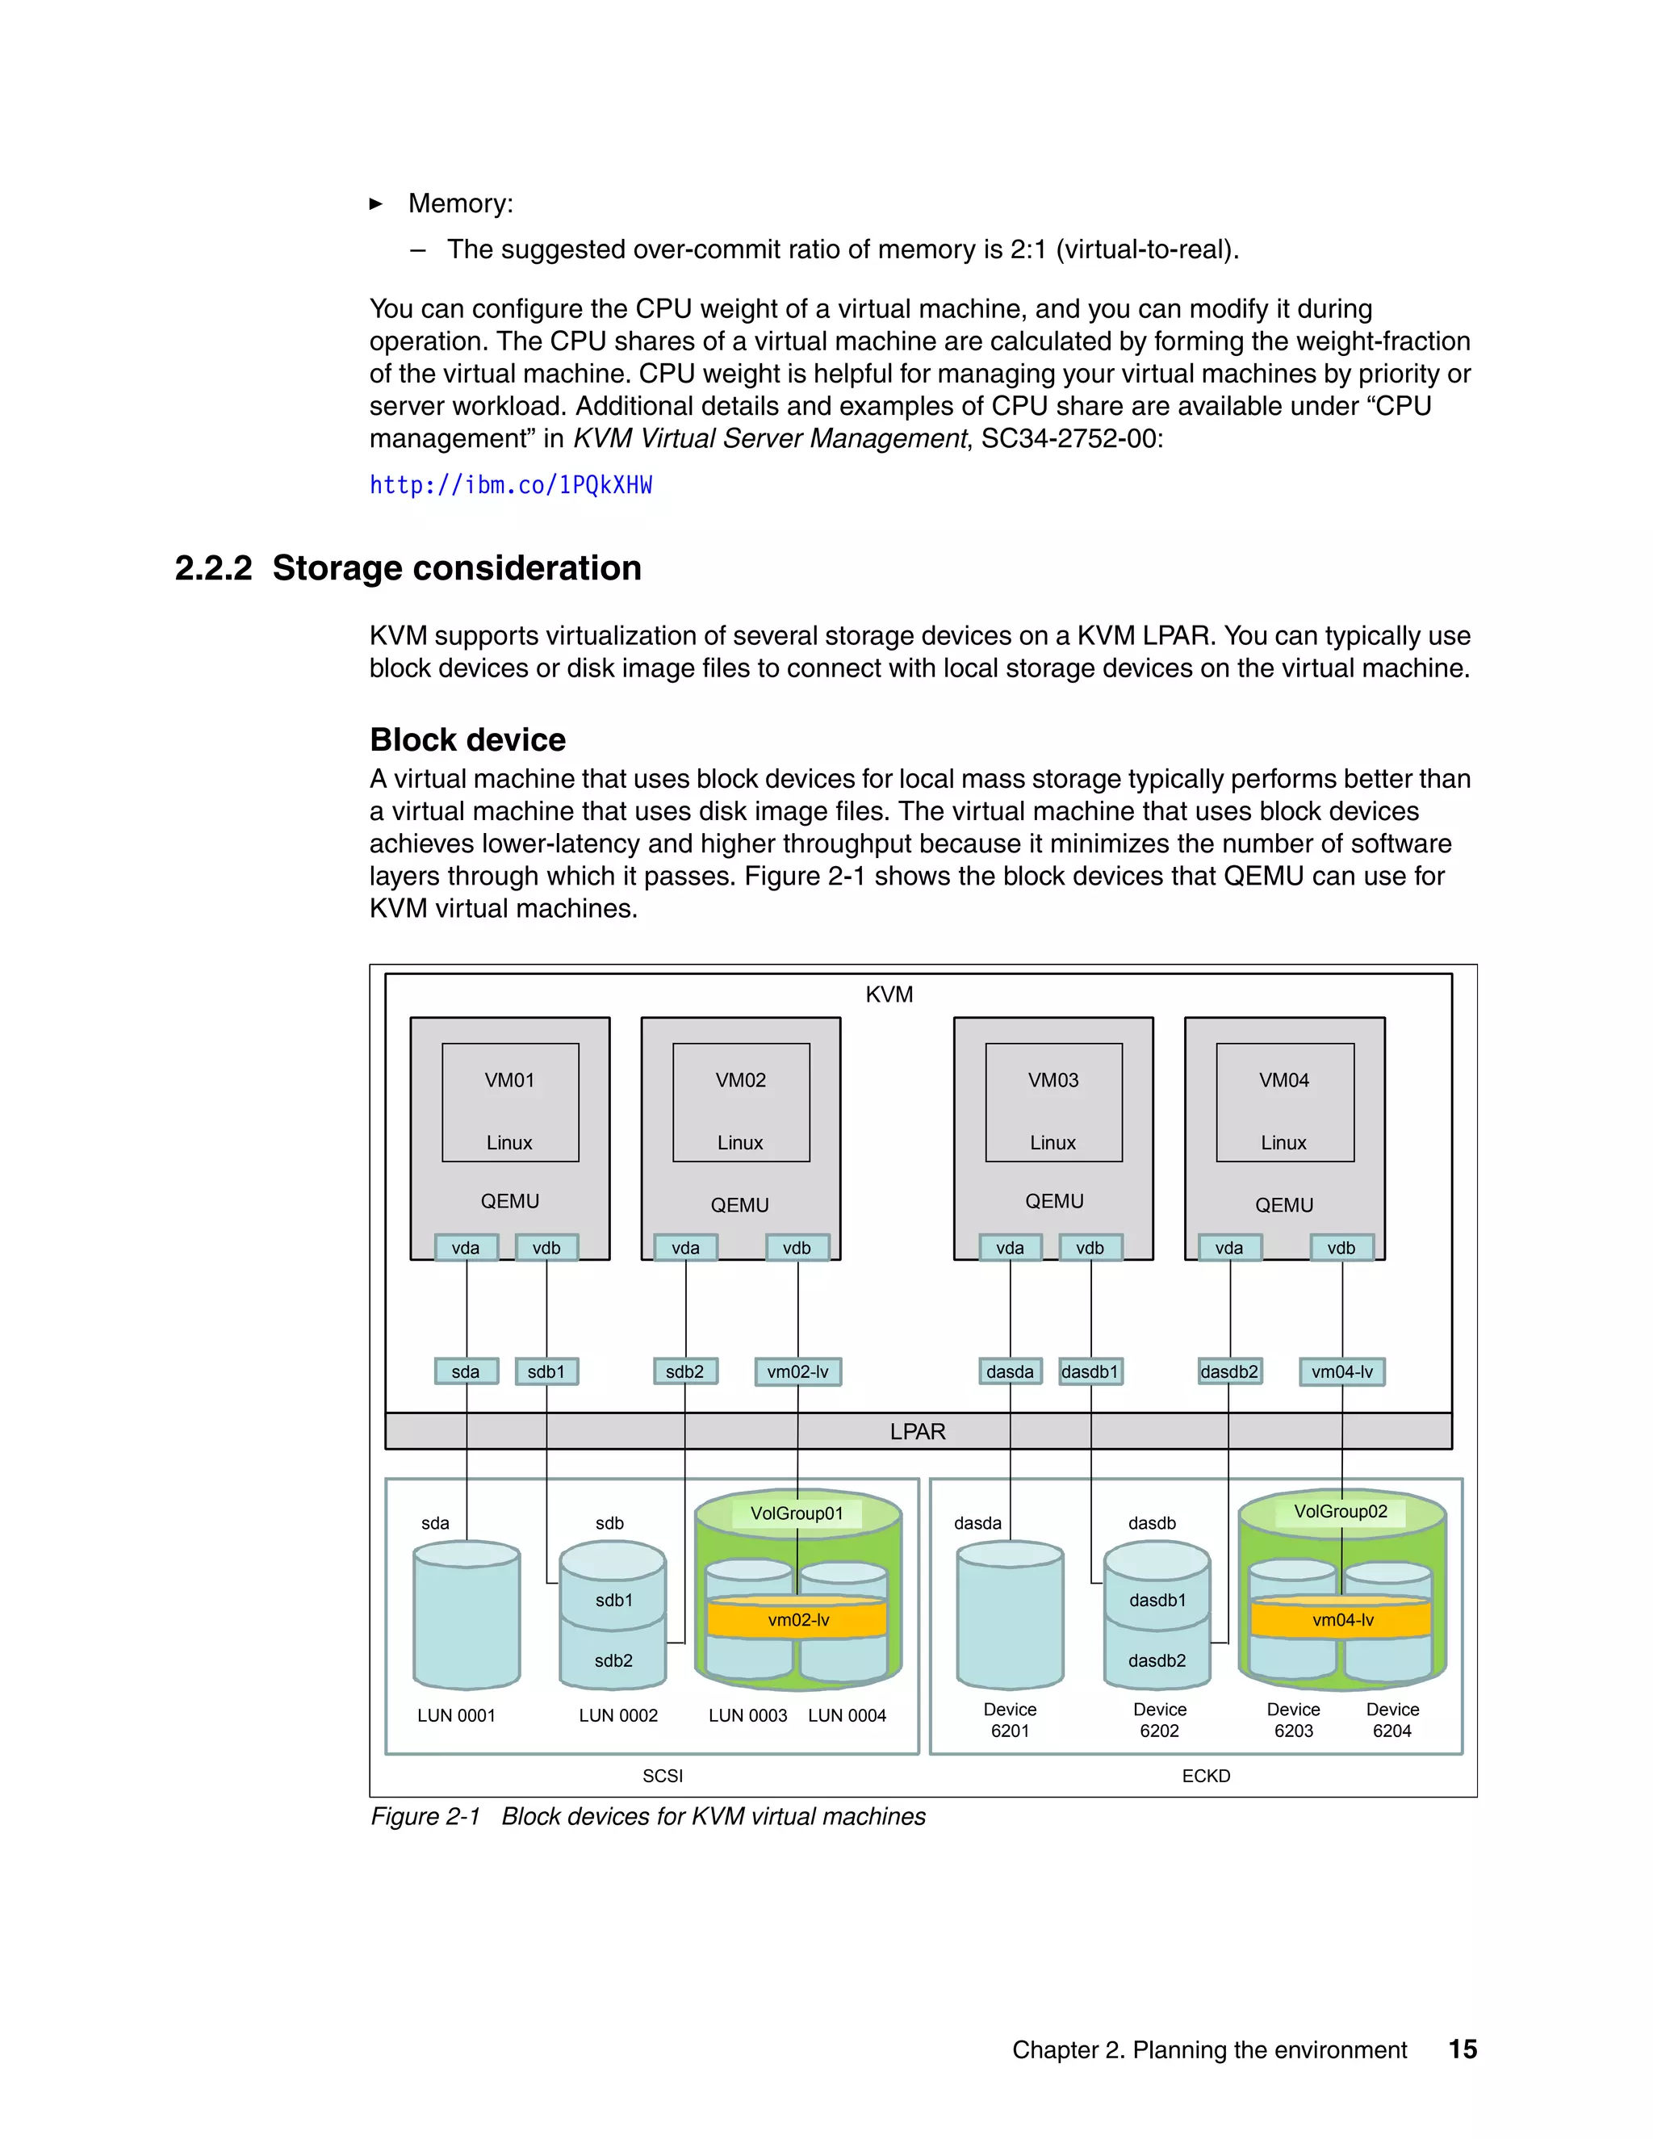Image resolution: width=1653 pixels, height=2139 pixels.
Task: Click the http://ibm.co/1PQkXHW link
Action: tap(510, 486)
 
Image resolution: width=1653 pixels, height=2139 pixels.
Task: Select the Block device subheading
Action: tap(467, 739)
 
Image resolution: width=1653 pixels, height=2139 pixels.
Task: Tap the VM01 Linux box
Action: tap(510, 1102)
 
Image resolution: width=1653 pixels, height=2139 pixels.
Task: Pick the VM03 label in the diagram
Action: tap(1052, 1080)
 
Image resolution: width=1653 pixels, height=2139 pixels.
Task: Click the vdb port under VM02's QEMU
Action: tap(797, 1248)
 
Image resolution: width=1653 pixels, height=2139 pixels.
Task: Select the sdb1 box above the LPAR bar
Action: tap(546, 1371)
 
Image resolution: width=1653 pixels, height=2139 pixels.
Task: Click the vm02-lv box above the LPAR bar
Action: tap(797, 1371)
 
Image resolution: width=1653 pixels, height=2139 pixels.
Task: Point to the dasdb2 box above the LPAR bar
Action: tap(1229, 1371)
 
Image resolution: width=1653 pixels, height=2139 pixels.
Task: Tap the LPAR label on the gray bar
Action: tap(918, 1432)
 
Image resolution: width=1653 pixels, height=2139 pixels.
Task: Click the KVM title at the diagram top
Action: tap(889, 994)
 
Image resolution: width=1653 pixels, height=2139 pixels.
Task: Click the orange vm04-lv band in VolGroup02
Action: tap(1341, 1620)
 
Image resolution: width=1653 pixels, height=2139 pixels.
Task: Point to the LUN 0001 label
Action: tap(456, 1715)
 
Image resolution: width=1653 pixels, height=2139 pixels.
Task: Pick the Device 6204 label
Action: tap(1391, 1720)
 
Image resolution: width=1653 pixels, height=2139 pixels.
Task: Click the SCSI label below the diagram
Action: tap(663, 1776)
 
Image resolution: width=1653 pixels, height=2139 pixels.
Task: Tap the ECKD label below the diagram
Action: tap(1206, 1776)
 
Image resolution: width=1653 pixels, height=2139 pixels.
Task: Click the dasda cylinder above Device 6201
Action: tap(1010, 1616)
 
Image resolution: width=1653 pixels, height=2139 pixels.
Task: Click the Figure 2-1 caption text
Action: tap(647, 1817)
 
